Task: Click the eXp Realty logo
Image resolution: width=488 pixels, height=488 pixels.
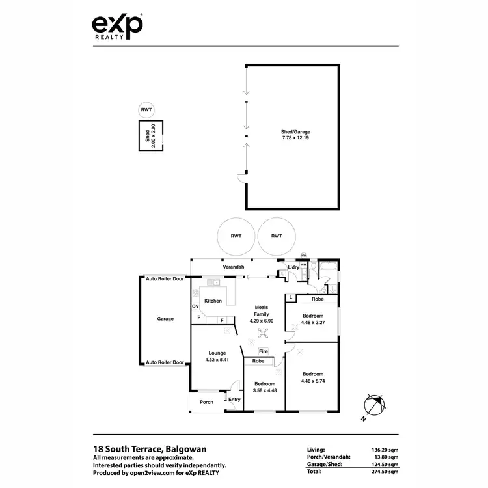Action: click(x=116, y=27)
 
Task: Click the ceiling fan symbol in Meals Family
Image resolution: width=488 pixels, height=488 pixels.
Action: click(x=262, y=334)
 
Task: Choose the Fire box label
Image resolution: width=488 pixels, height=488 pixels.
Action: click(x=263, y=351)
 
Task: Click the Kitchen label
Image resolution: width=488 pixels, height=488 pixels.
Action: click(x=213, y=301)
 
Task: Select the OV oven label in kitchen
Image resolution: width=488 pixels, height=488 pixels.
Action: click(x=195, y=306)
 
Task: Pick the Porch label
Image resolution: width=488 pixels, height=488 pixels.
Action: click(x=206, y=402)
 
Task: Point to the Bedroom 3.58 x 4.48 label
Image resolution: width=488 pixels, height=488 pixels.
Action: click(x=265, y=387)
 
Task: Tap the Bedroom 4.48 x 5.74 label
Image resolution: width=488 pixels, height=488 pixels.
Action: click(x=313, y=377)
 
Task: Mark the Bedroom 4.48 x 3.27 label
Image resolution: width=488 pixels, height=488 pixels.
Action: click(x=313, y=319)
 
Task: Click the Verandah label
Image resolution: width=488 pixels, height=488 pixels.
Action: click(x=234, y=267)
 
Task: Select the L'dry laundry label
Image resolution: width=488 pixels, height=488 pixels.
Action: click(x=293, y=267)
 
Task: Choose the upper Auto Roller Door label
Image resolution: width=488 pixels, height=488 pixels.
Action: click(x=165, y=278)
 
